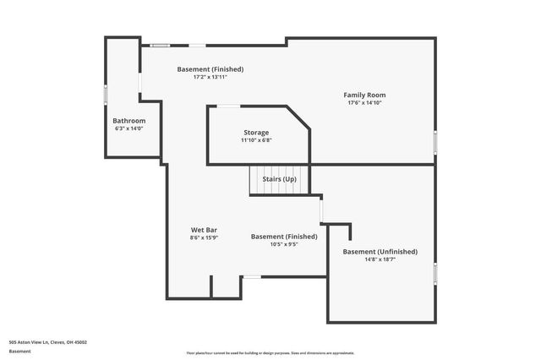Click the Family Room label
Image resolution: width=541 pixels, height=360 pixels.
[363, 95]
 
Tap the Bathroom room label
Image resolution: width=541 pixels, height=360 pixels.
[129, 121]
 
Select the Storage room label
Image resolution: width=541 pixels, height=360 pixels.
[256, 133]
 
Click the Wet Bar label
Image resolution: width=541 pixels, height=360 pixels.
[205, 230]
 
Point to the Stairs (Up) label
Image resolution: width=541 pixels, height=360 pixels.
[279, 179]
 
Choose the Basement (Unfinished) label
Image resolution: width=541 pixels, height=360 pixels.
[380, 252]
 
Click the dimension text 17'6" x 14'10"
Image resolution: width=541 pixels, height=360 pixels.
[363, 103]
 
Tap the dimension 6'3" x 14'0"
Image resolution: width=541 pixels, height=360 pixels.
[129, 128]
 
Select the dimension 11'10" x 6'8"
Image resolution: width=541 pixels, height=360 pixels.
[256, 140]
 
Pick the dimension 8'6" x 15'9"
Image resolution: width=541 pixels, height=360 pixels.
[205, 238]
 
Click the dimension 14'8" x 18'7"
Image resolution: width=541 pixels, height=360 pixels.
[380, 260]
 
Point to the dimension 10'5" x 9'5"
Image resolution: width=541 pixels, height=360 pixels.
[284, 244]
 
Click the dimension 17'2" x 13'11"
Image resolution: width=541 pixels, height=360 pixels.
[210, 77]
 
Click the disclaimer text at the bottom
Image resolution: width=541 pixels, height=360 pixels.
[270, 352]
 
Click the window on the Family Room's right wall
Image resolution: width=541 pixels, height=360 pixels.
[435, 142]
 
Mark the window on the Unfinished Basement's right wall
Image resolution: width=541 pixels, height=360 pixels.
[435, 275]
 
